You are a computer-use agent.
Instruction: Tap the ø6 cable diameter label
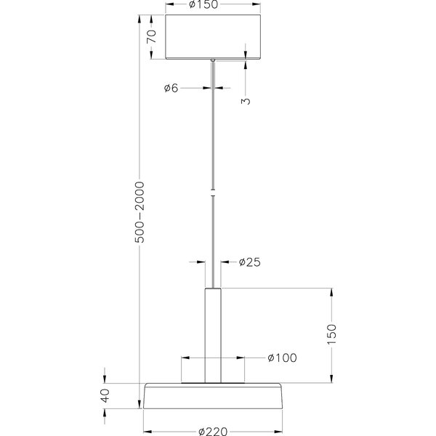pyautogui.click(x=171, y=88)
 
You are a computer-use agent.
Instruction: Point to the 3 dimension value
pyautogui.click(x=246, y=100)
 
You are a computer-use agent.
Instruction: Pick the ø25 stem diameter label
pyautogui.click(x=249, y=262)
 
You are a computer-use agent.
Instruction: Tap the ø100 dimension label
pyautogui.click(x=282, y=358)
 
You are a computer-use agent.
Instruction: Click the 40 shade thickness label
pyautogui.click(x=105, y=396)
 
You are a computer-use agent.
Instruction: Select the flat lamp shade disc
pyautogui.click(x=213, y=396)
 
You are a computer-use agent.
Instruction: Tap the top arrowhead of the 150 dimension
pyautogui.click(x=333, y=293)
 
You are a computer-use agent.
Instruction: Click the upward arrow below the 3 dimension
pyautogui.click(x=246, y=65)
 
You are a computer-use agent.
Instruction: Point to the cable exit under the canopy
pyautogui.click(x=213, y=60)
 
